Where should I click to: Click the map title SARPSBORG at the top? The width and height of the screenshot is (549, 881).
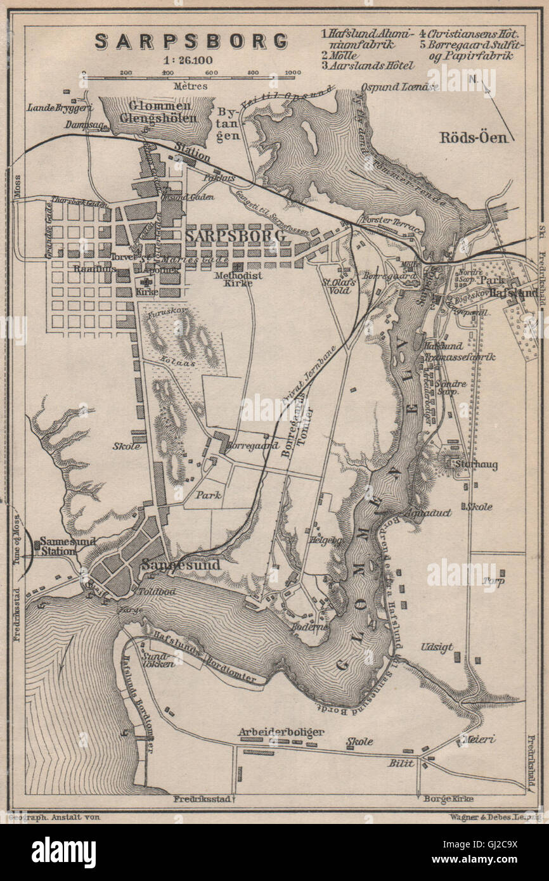pyautogui.click(x=191, y=41)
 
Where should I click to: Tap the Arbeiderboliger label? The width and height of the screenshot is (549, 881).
pyautogui.click(x=281, y=731)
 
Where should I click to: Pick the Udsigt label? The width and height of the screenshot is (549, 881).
pyautogui.click(x=437, y=647)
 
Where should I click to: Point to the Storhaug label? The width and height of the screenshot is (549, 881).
pyautogui.click(x=475, y=465)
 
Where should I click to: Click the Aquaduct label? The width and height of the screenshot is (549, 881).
pyautogui.click(x=430, y=512)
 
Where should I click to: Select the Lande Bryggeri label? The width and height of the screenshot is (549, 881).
pyautogui.click(x=52, y=107)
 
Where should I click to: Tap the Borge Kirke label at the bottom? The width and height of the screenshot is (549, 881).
pyautogui.click(x=448, y=799)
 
